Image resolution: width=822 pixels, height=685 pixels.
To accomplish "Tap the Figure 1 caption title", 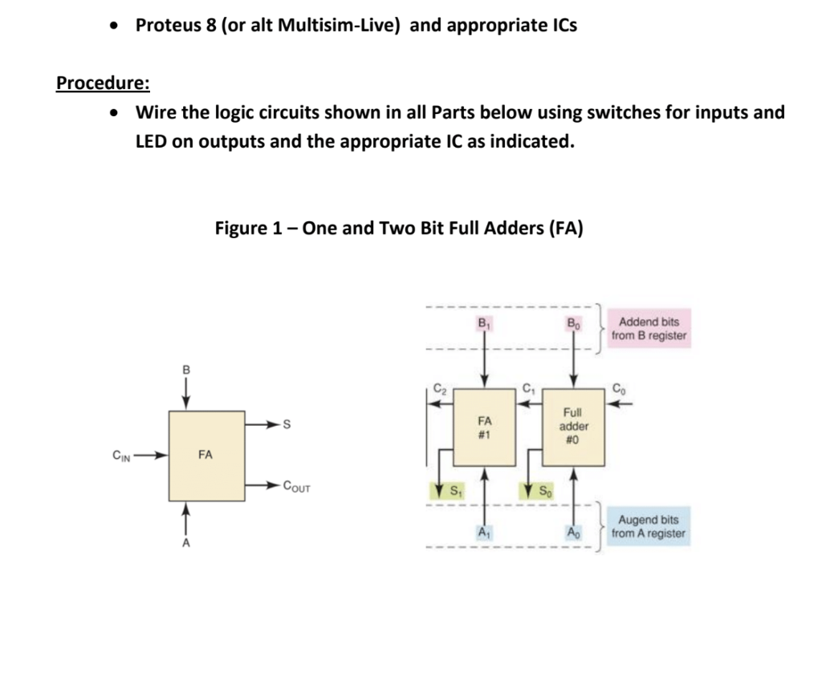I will point(399,229).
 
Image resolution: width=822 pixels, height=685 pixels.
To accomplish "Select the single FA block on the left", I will point(206,455).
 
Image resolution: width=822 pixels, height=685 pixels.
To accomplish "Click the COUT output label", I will point(296,486).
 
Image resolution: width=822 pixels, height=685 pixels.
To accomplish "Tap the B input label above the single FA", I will point(186,371).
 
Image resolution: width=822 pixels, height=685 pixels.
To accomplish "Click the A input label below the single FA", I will point(186,543).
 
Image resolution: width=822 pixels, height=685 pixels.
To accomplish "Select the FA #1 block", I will point(484,427).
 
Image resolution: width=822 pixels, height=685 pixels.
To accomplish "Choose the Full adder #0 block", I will point(574,427).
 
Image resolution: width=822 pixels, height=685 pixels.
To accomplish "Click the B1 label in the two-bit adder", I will point(484,323).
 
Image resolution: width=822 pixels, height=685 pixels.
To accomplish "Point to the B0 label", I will point(573,323).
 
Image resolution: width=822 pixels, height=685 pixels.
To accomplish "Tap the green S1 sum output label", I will point(452,489).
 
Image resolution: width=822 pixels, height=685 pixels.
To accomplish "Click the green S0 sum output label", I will point(541,489).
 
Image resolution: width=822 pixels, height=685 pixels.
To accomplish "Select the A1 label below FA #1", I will point(483,532).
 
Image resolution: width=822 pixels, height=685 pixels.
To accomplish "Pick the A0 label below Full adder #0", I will point(573,532).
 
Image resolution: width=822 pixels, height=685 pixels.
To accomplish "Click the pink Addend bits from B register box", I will point(649,329).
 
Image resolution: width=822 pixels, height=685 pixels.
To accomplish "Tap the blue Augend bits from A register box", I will point(648,526).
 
